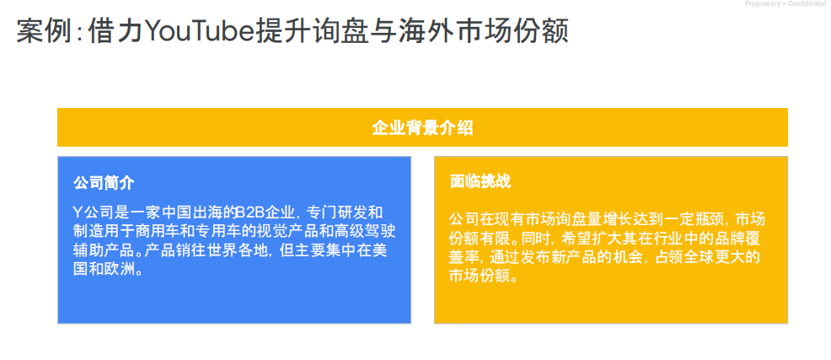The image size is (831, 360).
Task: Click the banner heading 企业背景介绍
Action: pos(422,127)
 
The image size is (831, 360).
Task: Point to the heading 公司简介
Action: pos(104,182)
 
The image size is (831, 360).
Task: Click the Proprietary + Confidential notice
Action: pos(785,4)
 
